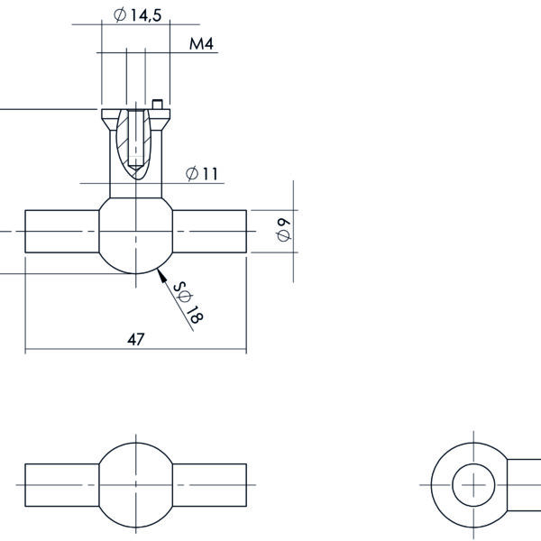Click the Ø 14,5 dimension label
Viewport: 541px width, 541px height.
tap(137, 15)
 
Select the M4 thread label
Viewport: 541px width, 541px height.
tap(201, 43)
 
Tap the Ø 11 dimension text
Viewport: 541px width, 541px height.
tap(202, 173)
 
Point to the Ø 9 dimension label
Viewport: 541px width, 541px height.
tap(284, 230)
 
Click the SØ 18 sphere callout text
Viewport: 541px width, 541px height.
tap(188, 303)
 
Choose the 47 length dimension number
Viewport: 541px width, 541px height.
tap(136, 340)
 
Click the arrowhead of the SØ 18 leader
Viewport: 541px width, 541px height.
tap(161, 275)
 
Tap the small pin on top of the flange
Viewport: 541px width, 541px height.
tap(157, 105)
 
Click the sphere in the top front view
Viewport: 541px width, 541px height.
tap(135, 236)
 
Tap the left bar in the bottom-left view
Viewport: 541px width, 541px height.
tap(62, 485)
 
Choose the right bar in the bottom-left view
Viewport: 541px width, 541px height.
tap(209, 485)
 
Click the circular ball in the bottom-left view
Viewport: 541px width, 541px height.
tap(135, 485)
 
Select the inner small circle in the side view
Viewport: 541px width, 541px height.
tap(473, 485)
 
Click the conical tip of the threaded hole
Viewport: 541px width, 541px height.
tap(136, 166)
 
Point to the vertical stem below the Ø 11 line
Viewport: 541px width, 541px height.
tap(135, 191)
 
